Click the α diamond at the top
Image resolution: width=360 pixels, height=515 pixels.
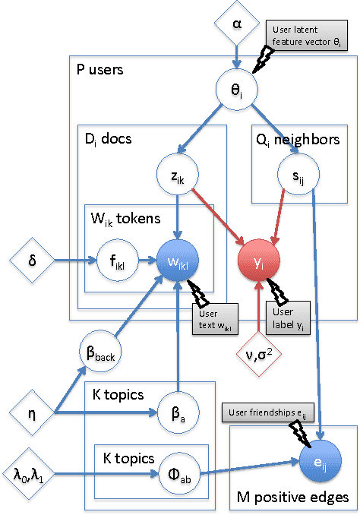point(236,23)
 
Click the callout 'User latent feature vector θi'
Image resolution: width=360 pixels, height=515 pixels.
point(311,37)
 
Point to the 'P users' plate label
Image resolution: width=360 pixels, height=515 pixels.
point(100,69)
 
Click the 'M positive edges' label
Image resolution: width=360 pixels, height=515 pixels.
point(291,498)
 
